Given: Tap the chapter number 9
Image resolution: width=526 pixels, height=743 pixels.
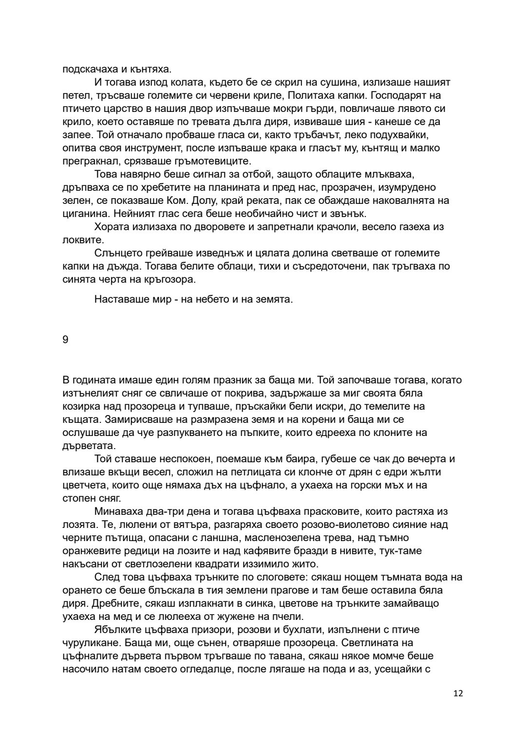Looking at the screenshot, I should (x=65, y=340).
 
